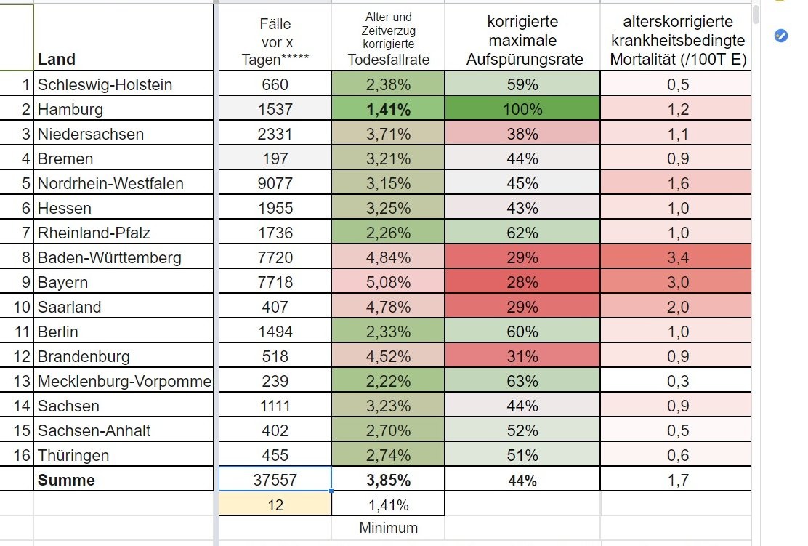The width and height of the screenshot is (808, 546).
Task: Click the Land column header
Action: pyautogui.click(x=57, y=60)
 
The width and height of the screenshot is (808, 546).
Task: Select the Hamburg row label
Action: pyautogui.click(x=70, y=109)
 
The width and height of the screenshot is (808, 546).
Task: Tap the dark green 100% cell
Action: pyautogui.click(x=522, y=109)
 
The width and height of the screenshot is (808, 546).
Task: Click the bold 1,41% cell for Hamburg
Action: pyautogui.click(x=388, y=109)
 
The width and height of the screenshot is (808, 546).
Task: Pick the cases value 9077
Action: pyautogui.click(x=275, y=183)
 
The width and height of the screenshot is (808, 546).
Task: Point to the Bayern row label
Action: pyautogui.click(x=63, y=283)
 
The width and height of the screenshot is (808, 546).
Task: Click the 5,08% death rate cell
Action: pyautogui.click(x=388, y=282)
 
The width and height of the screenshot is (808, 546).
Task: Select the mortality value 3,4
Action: pyautogui.click(x=678, y=257)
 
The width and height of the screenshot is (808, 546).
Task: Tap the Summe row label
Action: pyautogui.click(x=66, y=480)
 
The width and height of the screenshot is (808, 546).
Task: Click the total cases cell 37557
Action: pyautogui.click(x=275, y=480)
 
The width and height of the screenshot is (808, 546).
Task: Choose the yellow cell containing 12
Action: pyautogui.click(x=275, y=505)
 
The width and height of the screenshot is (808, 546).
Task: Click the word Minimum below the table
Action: pyautogui.click(x=389, y=528)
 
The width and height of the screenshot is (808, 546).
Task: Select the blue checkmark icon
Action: pyautogui.click(x=780, y=36)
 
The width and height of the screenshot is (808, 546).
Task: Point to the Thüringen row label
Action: pyautogui.click(x=73, y=456)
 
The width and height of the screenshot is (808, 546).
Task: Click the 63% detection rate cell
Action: pyautogui.click(x=522, y=381)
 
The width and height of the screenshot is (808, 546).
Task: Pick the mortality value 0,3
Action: pyautogui.click(x=678, y=381)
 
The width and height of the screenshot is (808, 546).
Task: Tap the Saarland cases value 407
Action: pyautogui.click(x=275, y=307)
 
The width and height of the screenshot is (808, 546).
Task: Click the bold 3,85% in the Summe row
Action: pyautogui.click(x=388, y=480)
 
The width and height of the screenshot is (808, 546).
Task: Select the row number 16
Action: pyautogui.click(x=22, y=455)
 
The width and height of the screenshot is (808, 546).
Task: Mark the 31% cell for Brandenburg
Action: pyautogui.click(x=522, y=356)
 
